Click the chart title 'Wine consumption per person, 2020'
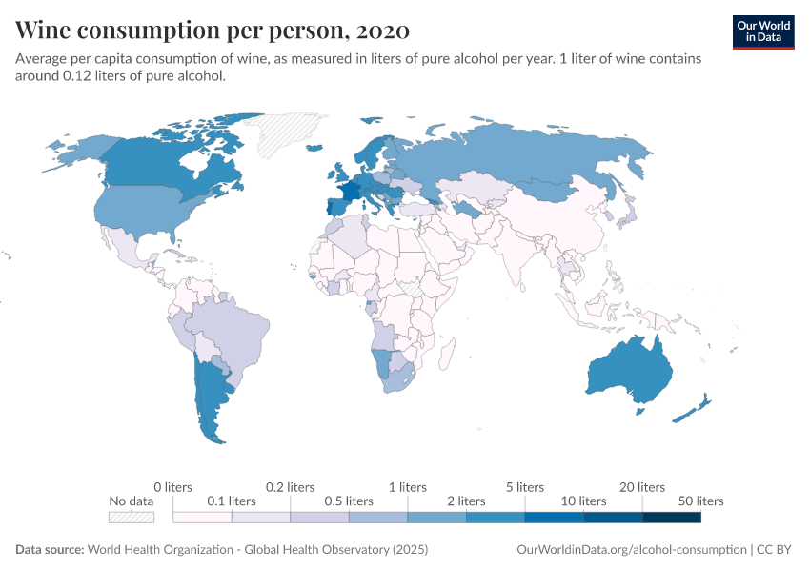pos(213,31)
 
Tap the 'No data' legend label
pos(131,500)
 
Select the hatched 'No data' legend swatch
pos(132,518)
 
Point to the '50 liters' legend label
pos(701,500)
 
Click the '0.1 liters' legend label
pos(233,500)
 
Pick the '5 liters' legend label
pos(524,487)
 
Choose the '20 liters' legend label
pos(643,487)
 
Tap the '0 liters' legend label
pos(172,487)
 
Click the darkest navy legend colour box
pos(672,518)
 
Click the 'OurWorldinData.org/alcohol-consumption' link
pos(631,550)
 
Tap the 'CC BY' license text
pos(775,550)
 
